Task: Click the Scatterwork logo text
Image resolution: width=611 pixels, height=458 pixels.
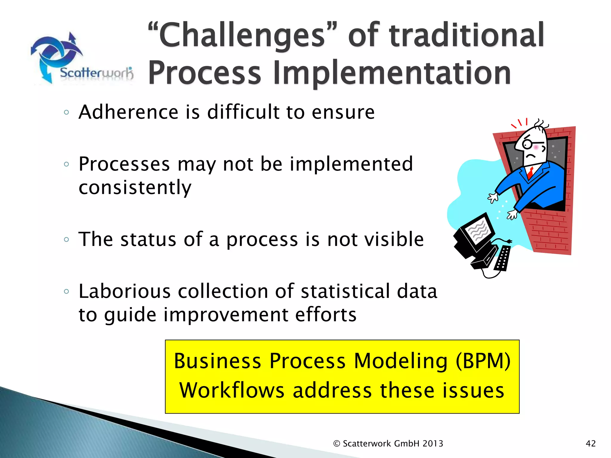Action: tap(96, 72)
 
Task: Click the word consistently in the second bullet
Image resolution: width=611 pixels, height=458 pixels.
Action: tap(135, 188)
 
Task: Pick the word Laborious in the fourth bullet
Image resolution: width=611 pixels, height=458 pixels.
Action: tap(124, 291)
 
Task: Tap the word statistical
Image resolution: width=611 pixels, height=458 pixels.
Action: tap(345, 291)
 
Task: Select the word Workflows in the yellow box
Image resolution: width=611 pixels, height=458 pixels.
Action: tap(232, 391)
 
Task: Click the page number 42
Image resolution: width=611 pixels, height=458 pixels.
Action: tap(591, 444)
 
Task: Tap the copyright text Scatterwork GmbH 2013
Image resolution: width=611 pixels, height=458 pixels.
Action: tap(393, 444)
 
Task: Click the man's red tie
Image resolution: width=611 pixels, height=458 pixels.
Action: tap(530, 173)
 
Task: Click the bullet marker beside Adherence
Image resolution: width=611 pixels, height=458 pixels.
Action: tap(66, 112)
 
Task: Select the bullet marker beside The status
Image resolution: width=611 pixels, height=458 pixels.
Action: tap(66, 239)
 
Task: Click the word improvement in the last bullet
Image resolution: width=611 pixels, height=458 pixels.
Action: tap(226, 315)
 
